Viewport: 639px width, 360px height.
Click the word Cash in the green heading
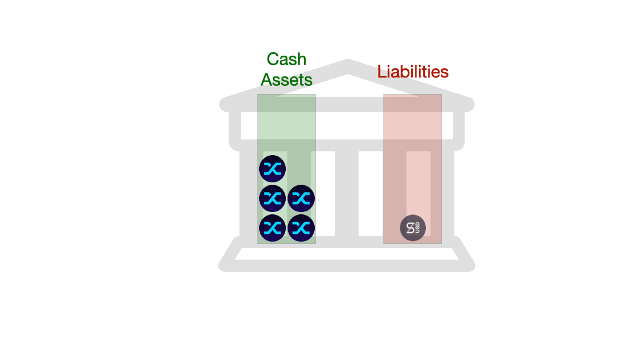point(286,59)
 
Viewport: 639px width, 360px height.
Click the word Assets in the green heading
point(286,79)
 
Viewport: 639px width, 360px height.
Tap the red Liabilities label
point(413,72)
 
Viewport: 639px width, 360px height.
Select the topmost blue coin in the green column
point(273,169)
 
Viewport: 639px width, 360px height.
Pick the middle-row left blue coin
point(273,198)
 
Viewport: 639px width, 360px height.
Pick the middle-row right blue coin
point(301,198)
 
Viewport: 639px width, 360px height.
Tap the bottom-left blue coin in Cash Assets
point(273,227)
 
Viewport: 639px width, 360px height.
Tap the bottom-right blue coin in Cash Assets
point(301,227)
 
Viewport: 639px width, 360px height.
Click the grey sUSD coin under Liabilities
point(413,228)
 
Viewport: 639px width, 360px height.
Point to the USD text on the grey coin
point(418,228)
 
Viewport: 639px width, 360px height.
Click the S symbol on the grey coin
point(410,228)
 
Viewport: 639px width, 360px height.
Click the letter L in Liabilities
point(382,72)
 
